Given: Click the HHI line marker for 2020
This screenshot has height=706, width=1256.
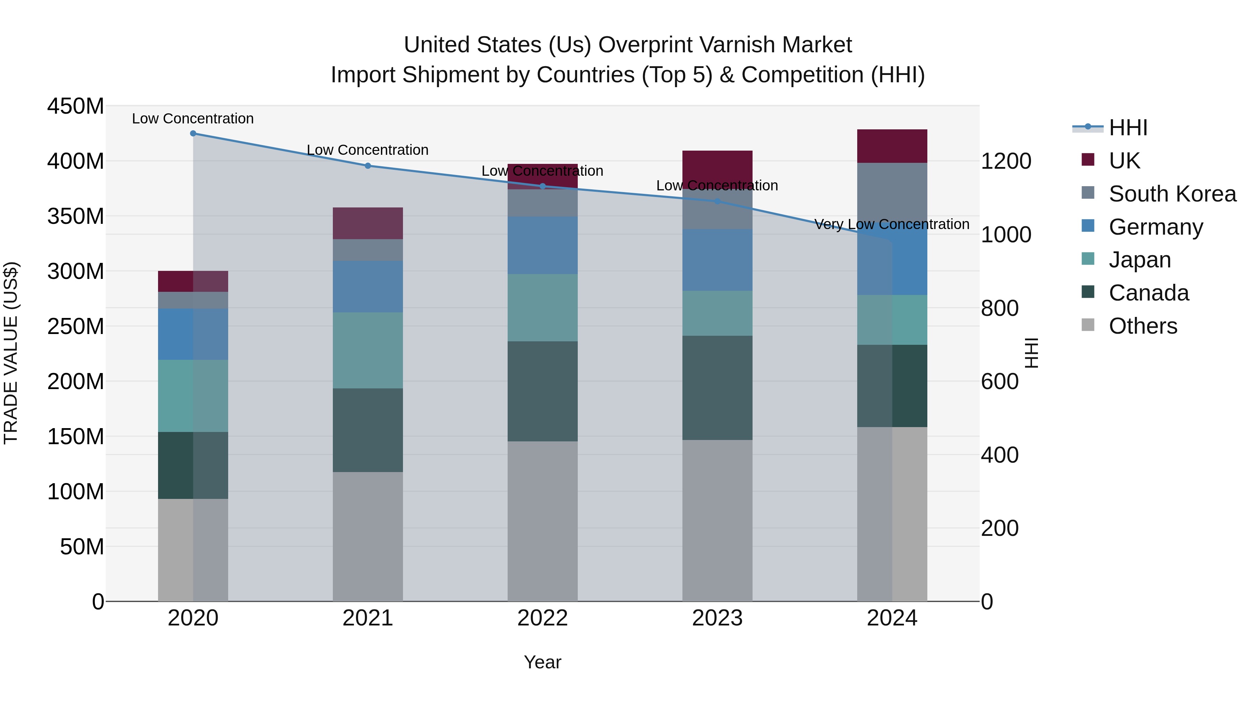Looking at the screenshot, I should pyautogui.click(x=193, y=134).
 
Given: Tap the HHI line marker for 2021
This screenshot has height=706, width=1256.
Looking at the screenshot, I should pyautogui.click(x=368, y=166).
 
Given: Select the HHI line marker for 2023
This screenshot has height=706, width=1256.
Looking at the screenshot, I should pyautogui.click(x=717, y=201).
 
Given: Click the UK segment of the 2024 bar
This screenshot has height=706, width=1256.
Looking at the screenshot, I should pyautogui.click(x=892, y=146).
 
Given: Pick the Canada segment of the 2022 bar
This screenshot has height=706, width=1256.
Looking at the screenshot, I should pyautogui.click(x=542, y=391).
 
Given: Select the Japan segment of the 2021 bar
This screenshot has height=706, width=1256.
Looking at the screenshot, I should pyautogui.click(x=368, y=350).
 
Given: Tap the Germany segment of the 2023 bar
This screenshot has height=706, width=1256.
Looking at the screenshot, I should pyautogui.click(x=717, y=260).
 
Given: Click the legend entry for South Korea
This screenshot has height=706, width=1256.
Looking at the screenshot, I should pyautogui.click(x=1172, y=194).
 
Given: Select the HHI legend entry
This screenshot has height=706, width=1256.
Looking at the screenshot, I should pyautogui.click(x=1127, y=128).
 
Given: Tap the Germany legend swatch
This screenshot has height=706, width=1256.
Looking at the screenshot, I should pyautogui.click(x=1088, y=226).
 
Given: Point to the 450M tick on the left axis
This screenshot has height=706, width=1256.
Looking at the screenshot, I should pyautogui.click(x=76, y=106).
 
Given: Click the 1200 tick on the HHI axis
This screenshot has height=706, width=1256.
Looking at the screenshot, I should pyautogui.click(x=1005, y=161).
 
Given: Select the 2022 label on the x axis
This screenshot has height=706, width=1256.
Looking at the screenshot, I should pyautogui.click(x=542, y=618).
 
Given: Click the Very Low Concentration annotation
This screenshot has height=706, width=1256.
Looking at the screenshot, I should pyautogui.click(x=892, y=224).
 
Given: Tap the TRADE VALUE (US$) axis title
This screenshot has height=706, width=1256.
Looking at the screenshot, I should pyautogui.click(x=11, y=353).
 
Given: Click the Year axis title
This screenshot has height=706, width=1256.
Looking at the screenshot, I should pyautogui.click(x=542, y=662).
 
